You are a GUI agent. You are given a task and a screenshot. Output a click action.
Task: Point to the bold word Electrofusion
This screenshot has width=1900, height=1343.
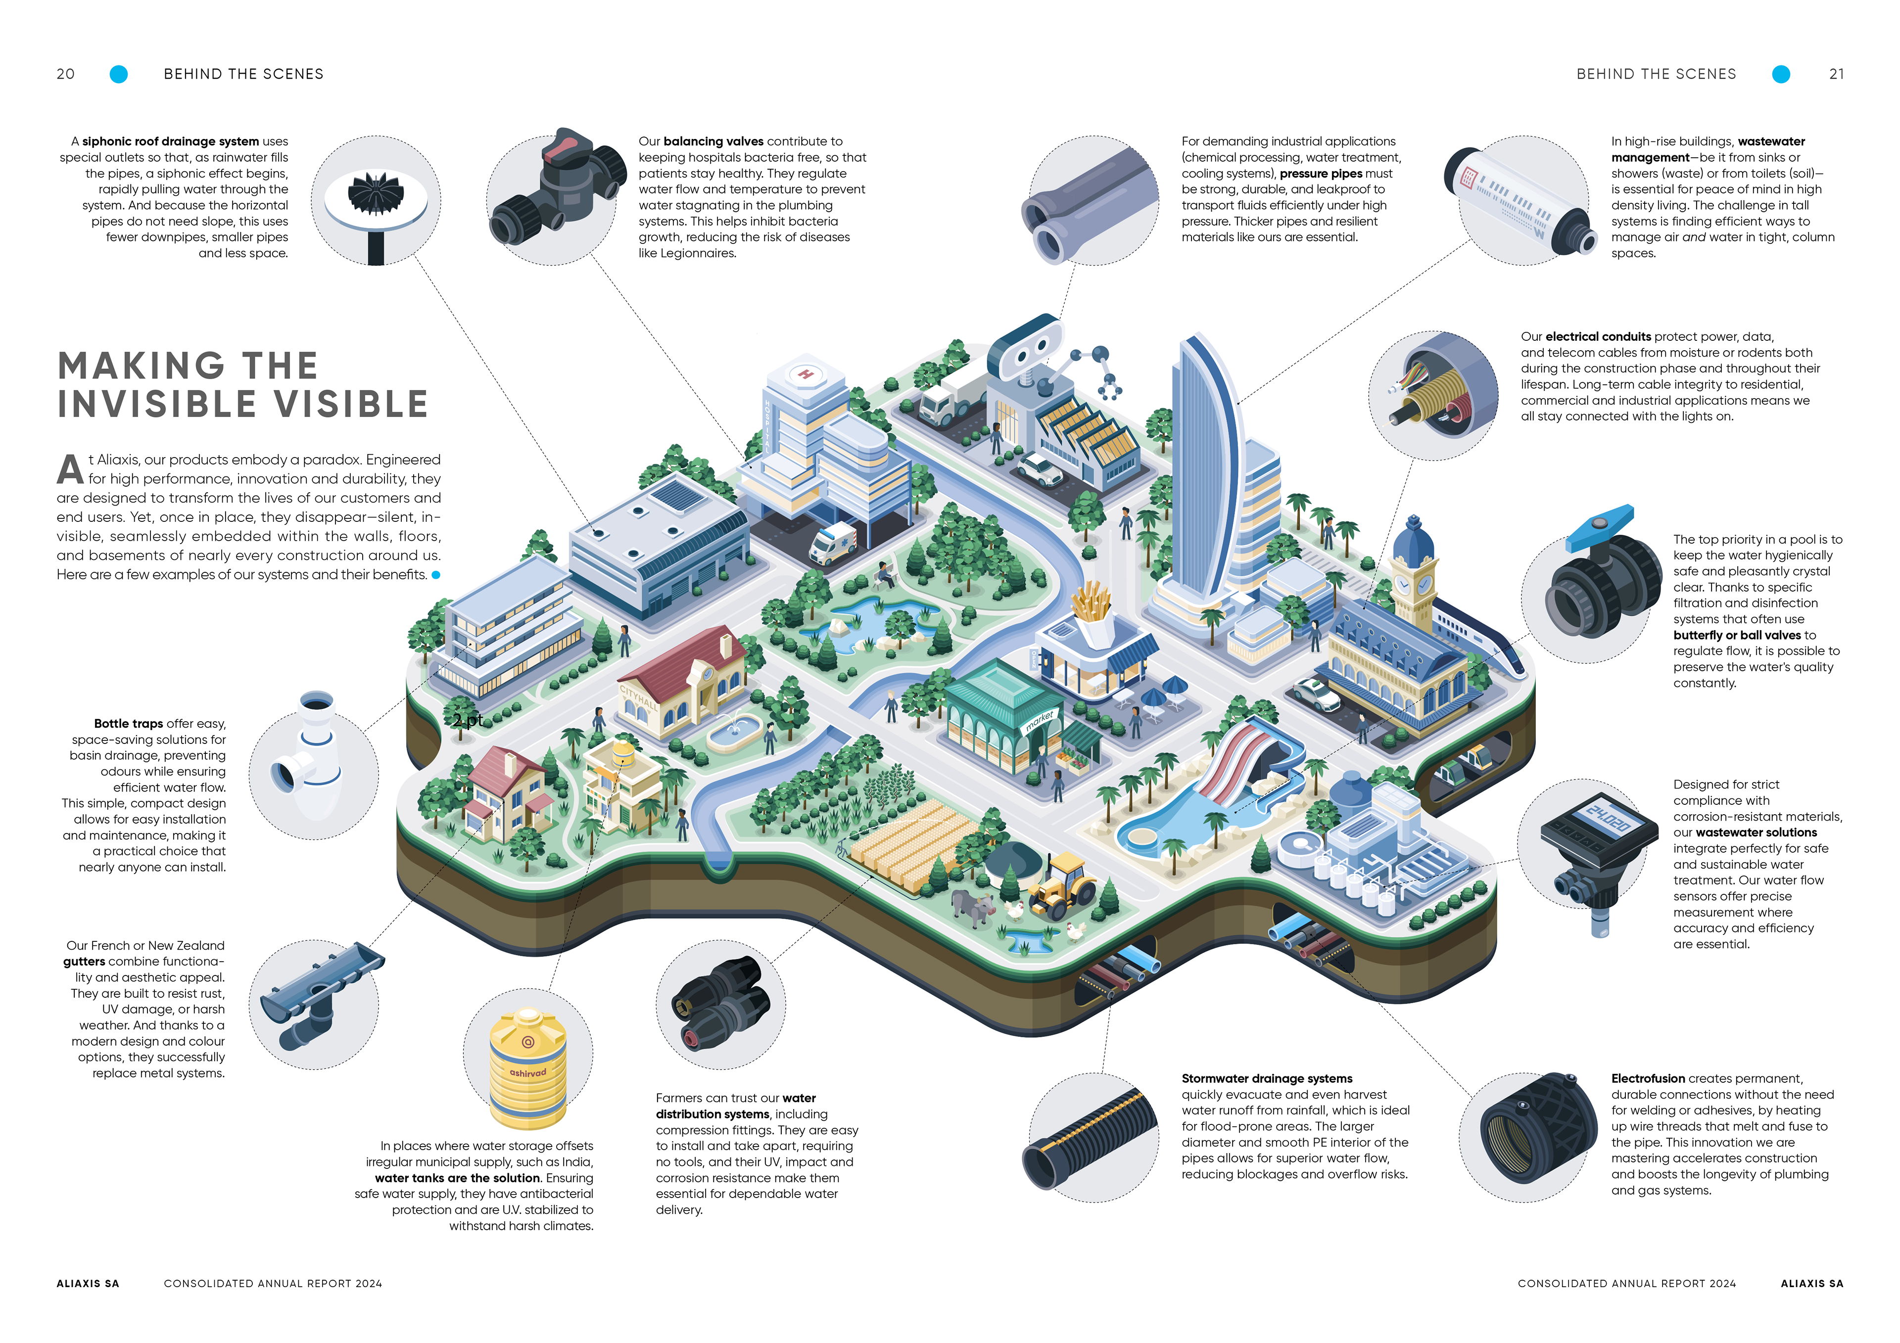[x=1647, y=1078]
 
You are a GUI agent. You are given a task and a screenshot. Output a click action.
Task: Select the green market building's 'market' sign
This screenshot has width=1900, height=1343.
[x=1040, y=720]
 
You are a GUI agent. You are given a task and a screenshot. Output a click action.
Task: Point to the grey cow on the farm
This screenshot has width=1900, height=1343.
[x=971, y=906]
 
